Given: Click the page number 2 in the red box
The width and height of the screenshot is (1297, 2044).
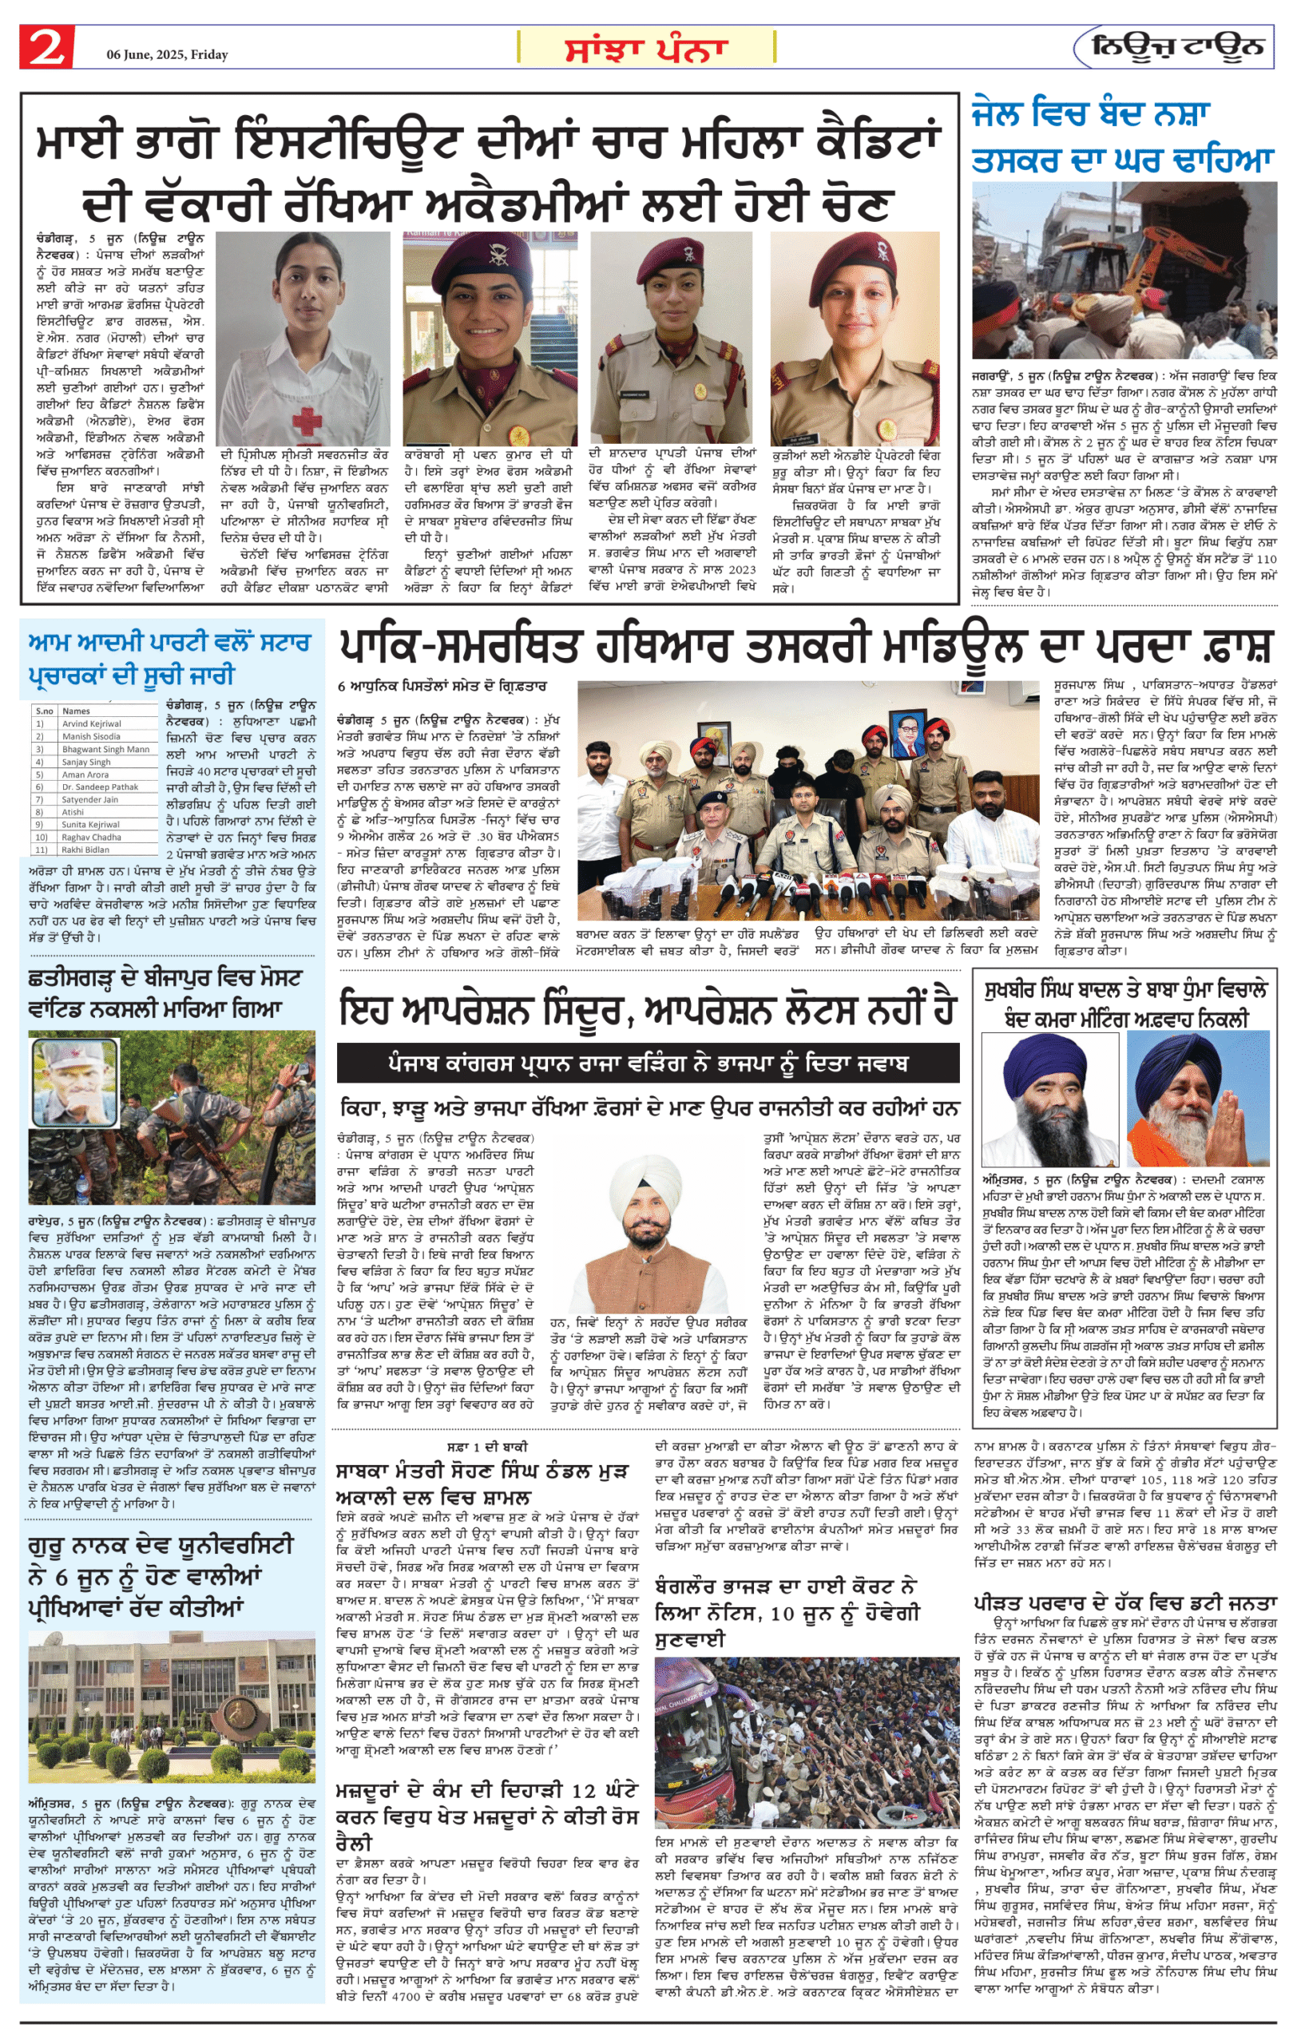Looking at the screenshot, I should [x=46, y=46].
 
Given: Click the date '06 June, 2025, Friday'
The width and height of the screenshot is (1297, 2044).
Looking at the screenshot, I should [x=167, y=54].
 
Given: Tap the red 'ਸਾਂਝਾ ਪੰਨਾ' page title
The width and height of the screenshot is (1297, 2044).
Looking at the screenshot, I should [x=647, y=49].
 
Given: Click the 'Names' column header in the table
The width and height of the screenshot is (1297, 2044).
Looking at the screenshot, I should [x=77, y=711].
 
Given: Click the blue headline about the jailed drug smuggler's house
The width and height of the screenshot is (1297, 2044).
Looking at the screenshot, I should [x=1122, y=136].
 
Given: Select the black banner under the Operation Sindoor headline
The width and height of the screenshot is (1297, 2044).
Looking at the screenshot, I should [x=648, y=1063].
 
